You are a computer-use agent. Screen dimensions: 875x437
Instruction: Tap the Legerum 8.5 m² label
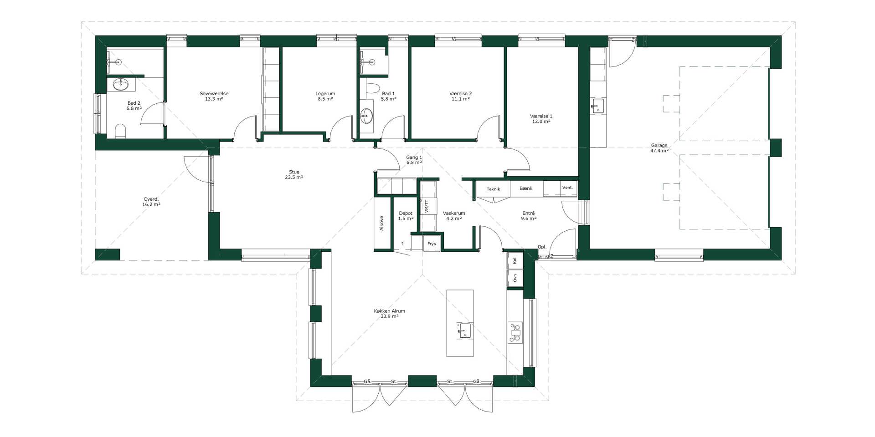point(325,96)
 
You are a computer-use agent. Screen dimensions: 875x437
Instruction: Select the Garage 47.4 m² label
point(659,148)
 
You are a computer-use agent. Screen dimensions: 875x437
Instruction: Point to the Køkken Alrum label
point(389,311)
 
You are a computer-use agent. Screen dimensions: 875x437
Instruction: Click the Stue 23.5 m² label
point(294,175)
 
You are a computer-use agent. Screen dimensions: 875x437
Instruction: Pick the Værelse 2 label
point(460,93)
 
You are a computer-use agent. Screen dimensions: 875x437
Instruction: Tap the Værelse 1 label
point(541,116)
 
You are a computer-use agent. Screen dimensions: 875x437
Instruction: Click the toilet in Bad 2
point(120,131)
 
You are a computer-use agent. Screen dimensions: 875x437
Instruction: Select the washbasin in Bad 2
point(121,85)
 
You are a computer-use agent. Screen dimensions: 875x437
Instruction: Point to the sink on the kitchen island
point(464,330)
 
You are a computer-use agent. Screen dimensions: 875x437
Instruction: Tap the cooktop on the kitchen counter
point(515,332)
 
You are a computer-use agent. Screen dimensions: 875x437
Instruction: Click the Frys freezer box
point(432,244)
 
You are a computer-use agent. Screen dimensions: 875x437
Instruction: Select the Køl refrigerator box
point(515,260)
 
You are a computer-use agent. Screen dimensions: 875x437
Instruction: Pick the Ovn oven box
point(515,278)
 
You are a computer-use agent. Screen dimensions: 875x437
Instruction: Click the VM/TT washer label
point(427,206)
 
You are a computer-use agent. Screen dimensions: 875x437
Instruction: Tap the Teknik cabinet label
point(493,189)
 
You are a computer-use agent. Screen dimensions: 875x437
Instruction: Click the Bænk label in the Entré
point(526,188)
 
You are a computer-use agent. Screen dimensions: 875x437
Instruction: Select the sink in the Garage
point(597,106)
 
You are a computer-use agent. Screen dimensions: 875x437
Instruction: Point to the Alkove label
point(381,223)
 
